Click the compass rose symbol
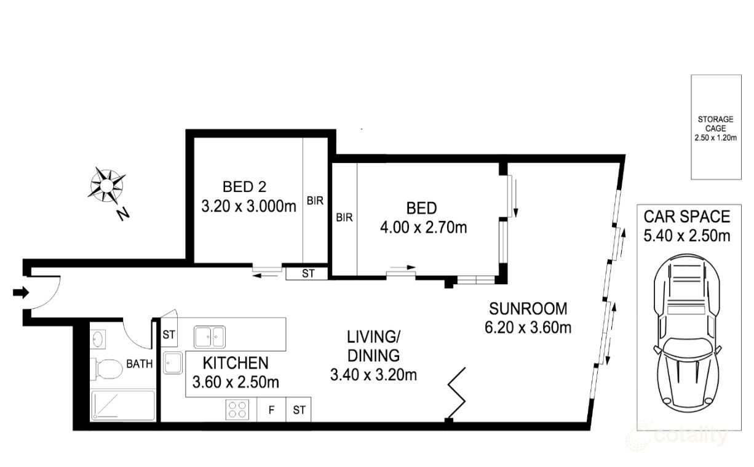(x=107, y=184)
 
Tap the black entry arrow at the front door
(x=20, y=293)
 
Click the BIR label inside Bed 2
(x=315, y=201)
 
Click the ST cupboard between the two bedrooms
(x=308, y=274)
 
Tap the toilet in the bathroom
(x=106, y=370)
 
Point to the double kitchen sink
(x=210, y=337)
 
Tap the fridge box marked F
(x=271, y=410)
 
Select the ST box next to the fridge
(x=299, y=410)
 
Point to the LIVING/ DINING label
(x=373, y=346)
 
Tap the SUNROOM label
(x=528, y=308)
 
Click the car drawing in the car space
(x=687, y=338)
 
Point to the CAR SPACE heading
(x=686, y=217)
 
